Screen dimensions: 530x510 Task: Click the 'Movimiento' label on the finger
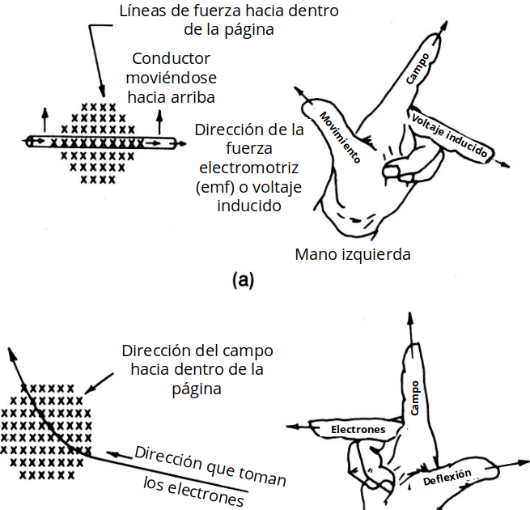[x=339, y=135]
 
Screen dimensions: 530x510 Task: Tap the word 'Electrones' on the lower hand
[x=358, y=429]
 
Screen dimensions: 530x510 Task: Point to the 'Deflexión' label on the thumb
[x=447, y=478]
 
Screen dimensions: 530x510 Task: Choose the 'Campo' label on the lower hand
[x=415, y=398]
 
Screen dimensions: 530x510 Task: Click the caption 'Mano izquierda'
[x=353, y=254]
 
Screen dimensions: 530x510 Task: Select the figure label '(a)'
[x=243, y=281]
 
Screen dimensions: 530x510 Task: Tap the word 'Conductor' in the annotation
[x=171, y=59]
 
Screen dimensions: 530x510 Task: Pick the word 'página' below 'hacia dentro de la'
[x=197, y=389]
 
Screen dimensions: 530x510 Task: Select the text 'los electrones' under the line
[x=193, y=491]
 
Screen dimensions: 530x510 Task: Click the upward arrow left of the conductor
[x=45, y=113]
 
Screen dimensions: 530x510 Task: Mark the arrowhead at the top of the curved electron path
[x=11, y=352]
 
